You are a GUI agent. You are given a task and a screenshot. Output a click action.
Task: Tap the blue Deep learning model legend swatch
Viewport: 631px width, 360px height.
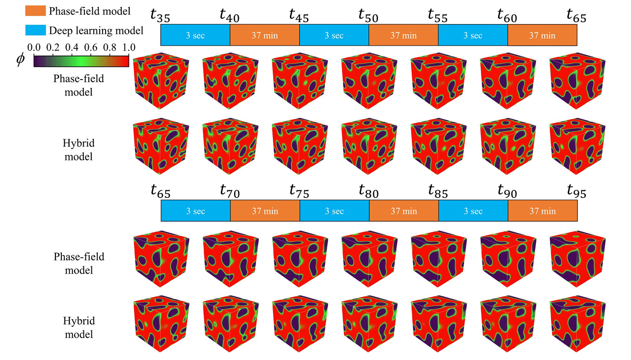(35, 30)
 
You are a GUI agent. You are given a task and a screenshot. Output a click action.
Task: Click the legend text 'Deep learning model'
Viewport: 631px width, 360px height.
(96, 31)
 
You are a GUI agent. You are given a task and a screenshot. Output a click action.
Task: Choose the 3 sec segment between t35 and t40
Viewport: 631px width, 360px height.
(195, 35)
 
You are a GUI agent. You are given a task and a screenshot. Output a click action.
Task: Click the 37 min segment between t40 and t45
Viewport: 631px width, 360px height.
(265, 35)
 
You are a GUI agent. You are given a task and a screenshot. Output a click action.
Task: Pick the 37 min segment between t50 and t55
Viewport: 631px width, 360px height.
(403, 35)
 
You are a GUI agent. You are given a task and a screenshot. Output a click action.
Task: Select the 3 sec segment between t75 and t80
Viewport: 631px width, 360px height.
(334, 211)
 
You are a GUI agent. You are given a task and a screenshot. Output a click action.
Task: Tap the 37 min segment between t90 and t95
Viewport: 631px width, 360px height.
(543, 211)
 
